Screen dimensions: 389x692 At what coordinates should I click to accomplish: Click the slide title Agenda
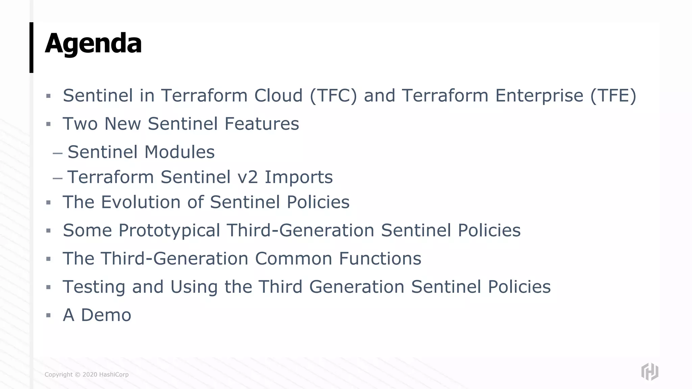pos(93,44)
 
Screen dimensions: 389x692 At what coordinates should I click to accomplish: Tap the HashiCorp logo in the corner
pos(649,372)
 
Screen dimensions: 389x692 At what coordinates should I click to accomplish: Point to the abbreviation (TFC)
pos(333,96)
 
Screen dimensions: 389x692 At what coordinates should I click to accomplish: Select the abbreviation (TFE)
pos(613,96)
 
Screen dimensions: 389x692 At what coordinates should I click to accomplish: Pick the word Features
pos(262,124)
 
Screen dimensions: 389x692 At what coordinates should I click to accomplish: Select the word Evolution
pos(141,202)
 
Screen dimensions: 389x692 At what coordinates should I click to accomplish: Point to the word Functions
pos(380,259)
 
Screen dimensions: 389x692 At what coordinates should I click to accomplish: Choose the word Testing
pos(94,287)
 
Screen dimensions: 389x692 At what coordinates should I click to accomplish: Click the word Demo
pos(106,315)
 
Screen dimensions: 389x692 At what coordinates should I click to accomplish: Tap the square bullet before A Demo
pos(48,315)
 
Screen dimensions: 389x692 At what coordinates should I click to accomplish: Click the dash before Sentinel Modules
pos(57,153)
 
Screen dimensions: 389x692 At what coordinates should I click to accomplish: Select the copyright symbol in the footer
pos(77,374)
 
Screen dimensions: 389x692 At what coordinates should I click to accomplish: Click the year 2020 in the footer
pos(90,374)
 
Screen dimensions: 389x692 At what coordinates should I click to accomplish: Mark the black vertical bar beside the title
pos(31,47)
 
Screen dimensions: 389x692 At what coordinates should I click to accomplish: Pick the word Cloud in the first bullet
pos(278,96)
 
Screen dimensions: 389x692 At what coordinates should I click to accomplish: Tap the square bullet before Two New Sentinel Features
pos(48,124)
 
